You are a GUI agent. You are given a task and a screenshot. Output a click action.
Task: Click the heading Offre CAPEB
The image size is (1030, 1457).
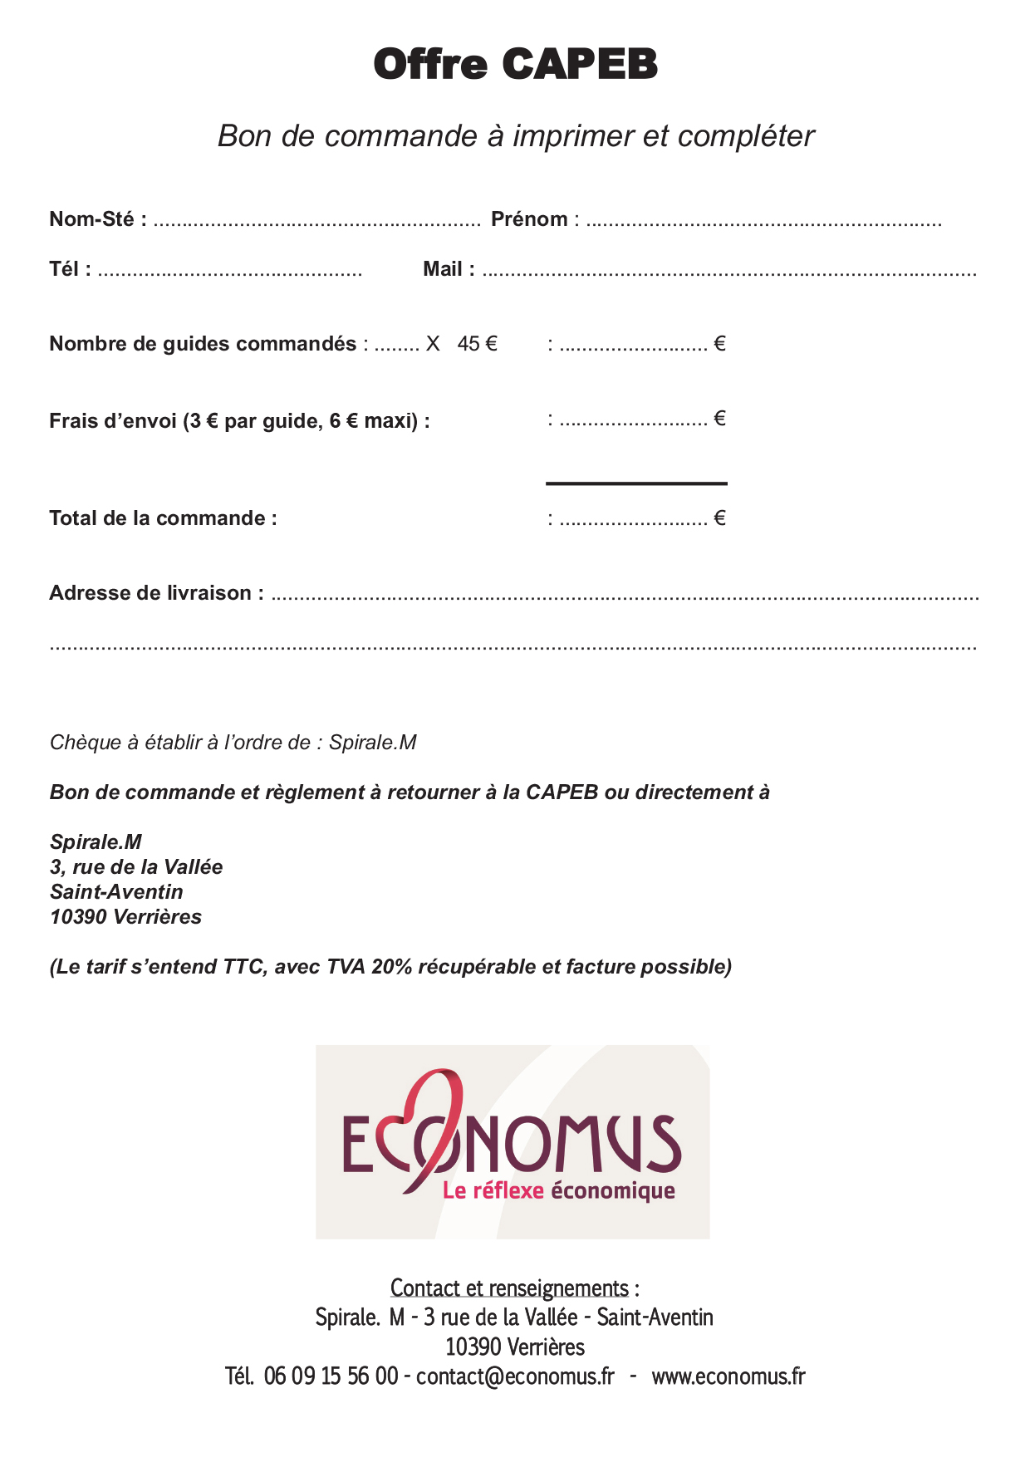[x=515, y=64]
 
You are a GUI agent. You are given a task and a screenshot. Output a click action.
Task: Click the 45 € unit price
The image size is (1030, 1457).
[x=477, y=344]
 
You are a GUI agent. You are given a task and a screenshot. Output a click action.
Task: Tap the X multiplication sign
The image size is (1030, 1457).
[x=433, y=344]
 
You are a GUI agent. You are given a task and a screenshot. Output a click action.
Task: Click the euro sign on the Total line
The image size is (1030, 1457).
[x=719, y=518]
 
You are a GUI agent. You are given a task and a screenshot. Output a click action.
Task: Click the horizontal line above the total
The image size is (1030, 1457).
[x=636, y=483]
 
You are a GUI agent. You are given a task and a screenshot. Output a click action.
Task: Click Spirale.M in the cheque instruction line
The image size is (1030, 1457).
[x=372, y=743]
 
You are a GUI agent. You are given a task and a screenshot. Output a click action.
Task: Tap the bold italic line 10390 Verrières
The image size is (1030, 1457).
[x=125, y=917]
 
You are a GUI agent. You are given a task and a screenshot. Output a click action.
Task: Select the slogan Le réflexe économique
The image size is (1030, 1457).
[x=558, y=1191]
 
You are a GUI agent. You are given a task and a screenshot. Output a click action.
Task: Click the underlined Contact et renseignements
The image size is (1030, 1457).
[x=509, y=1288]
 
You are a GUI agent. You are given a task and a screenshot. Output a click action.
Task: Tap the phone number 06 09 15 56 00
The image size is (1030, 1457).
[x=331, y=1376]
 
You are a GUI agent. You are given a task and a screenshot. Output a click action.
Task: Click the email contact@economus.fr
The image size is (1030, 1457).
[x=515, y=1376]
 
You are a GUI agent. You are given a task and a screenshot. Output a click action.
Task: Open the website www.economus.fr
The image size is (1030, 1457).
[x=728, y=1376]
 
